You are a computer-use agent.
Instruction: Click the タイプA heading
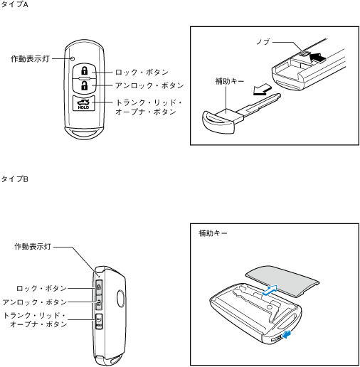tap(14, 4)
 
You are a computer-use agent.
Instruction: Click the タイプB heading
tap(14, 179)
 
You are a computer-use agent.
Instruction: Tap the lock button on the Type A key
tap(84, 70)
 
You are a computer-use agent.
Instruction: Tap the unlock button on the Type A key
tap(84, 85)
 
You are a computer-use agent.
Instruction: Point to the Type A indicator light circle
tap(73, 58)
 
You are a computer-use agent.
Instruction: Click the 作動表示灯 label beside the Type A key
tap(30, 58)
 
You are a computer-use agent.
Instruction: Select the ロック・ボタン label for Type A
tap(142, 72)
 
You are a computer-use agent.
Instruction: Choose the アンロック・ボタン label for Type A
tap(149, 85)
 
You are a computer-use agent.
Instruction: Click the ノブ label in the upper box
tap(263, 42)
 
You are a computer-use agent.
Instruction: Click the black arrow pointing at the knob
tap(317, 58)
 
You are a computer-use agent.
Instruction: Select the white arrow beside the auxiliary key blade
tap(262, 90)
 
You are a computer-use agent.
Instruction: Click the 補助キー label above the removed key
tap(230, 81)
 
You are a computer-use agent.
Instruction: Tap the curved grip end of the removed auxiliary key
tap(217, 123)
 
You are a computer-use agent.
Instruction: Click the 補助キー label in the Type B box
tap(213, 233)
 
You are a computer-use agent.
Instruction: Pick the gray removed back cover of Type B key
tap(282, 281)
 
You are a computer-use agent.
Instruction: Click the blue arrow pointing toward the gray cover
tap(270, 290)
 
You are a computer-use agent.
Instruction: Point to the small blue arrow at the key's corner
tap(287, 335)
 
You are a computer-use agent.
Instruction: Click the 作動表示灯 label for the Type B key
tap(33, 247)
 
